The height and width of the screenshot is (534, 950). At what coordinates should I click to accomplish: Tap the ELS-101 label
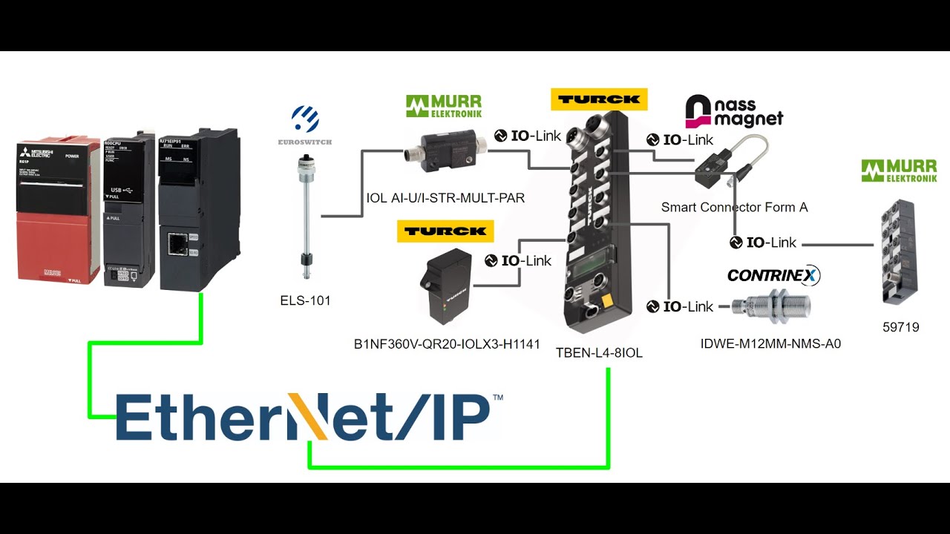pyautogui.click(x=305, y=300)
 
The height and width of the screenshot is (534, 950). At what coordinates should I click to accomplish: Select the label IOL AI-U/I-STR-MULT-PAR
pyautogui.click(x=445, y=198)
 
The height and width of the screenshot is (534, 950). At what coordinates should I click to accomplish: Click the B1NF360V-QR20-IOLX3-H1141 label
pyautogui.click(x=447, y=343)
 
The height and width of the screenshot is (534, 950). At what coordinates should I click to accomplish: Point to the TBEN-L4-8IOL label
pyautogui.click(x=599, y=353)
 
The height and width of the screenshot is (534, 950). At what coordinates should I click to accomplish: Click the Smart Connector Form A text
pyautogui.click(x=734, y=208)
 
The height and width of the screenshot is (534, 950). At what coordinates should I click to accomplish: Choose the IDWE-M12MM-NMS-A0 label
pyautogui.click(x=770, y=343)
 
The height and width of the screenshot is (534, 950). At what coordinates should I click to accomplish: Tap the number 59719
pyautogui.click(x=900, y=327)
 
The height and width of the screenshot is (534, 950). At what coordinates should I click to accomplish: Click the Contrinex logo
pyautogui.click(x=773, y=275)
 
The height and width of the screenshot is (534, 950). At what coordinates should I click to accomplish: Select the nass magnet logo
pyautogui.click(x=733, y=111)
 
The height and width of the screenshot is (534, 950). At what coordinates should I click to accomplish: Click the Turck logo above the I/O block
pyautogui.click(x=599, y=99)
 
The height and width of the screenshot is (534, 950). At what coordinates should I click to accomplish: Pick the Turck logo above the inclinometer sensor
pyautogui.click(x=445, y=231)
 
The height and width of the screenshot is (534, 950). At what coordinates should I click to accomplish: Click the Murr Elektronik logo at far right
pyautogui.click(x=899, y=171)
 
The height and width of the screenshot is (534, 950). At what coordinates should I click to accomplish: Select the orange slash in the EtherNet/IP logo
pyautogui.click(x=307, y=417)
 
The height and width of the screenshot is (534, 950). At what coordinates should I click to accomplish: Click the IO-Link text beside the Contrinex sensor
pyautogui.click(x=688, y=306)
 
